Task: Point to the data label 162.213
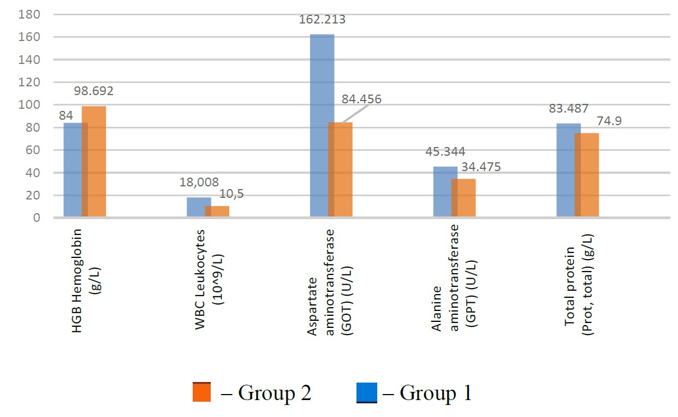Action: pyautogui.click(x=322, y=20)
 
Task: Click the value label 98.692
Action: pyautogui.click(x=94, y=91)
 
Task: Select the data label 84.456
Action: pyautogui.click(x=361, y=99)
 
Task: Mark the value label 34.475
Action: pyautogui.click(x=480, y=166)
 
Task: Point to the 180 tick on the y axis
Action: pyautogui.click(x=30, y=15)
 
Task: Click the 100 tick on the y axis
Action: pyautogui.click(x=30, y=105)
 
